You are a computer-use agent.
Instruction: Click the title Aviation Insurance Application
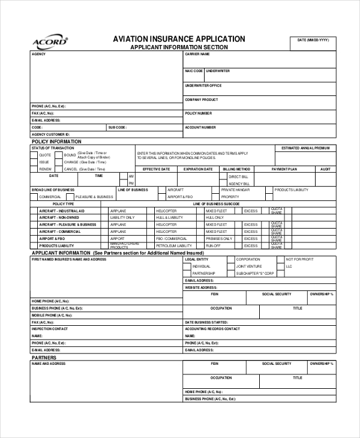click(x=179, y=38)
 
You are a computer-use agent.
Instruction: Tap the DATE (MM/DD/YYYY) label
click(x=313, y=40)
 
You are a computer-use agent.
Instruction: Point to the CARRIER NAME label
click(x=197, y=54)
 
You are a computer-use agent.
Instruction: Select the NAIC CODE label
click(x=193, y=71)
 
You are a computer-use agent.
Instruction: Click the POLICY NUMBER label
click(x=198, y=113)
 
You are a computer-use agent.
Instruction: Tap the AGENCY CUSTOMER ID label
click(x=51, y=134)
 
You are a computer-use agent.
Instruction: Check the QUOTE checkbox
click(x=34, y=155)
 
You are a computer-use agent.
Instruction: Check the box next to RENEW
click(x=34, y=169)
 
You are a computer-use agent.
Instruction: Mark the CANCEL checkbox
click(x=59, y=169)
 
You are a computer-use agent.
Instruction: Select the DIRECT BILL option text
click(x=238, y=176)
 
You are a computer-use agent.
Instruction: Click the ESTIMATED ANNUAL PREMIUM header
click(x=305, y=148)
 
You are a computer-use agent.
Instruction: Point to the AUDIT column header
click(x=325, y=169)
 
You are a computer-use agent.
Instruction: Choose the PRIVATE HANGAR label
click(x=235, y=190)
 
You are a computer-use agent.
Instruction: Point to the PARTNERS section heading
click(x=44, y=357)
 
